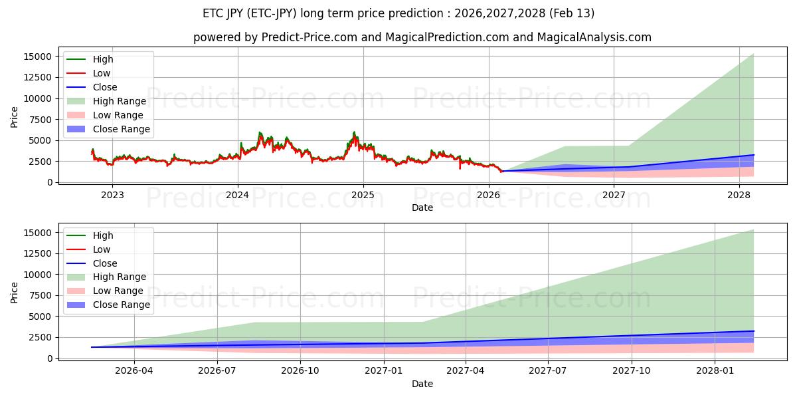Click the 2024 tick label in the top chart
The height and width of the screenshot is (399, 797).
click(x=237, y=195)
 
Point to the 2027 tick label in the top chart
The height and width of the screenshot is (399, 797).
click(x=614, y=195)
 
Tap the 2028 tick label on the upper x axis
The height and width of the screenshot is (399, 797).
click(x=739, y=195)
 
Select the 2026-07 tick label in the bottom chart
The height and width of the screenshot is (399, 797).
click(x=217, y=371)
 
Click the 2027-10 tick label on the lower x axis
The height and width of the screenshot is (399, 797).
click(x=632, y=371)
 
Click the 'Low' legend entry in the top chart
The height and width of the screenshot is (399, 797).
click(x=102, y=73)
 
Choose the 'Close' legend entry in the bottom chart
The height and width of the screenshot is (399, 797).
click(x=105, y=263)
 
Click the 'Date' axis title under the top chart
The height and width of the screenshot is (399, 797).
click(x=422, y=207)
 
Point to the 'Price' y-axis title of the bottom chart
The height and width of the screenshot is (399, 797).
click(x=15, y=292)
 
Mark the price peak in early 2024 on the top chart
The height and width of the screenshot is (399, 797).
click(x=260, y=132)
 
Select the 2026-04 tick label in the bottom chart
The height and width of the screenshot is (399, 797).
click(x=134, y=371)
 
